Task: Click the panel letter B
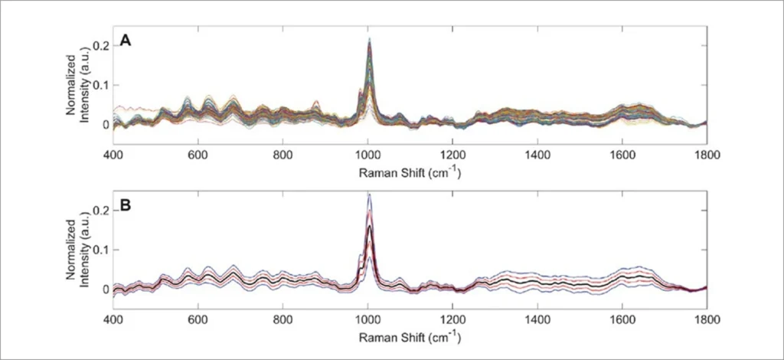tap(125, 206)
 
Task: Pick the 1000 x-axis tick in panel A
tap(367, 155)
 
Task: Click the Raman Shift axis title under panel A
tap(410, 173)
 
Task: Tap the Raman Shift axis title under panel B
tap(410, 338)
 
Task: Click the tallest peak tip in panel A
tap(369, 38)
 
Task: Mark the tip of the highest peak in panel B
tap(369, 194)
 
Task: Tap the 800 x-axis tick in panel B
tap(283, 319)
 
